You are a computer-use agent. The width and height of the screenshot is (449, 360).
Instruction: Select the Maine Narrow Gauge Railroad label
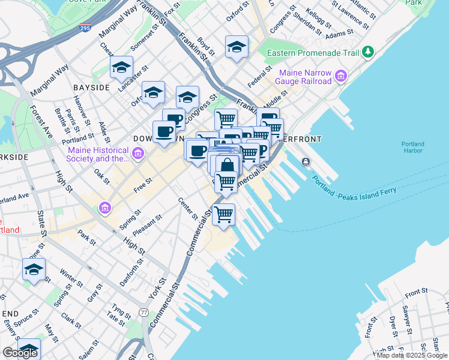(x=304, y=77)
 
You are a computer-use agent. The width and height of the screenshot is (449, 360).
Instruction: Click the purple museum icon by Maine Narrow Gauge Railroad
(x=341, y=76)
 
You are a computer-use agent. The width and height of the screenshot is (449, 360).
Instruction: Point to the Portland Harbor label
(x=414, y=147)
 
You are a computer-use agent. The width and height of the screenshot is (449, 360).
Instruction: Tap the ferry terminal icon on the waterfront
(x=306, y=161)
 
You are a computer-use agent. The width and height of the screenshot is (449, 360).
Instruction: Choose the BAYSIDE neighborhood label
(x=91, y=88)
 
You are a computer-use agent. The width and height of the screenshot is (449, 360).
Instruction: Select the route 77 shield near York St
(x=143, y=313)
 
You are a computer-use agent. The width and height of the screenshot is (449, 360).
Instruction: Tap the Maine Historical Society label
(x=98, y=154)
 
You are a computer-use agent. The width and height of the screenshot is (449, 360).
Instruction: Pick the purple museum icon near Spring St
(x=106, y=208)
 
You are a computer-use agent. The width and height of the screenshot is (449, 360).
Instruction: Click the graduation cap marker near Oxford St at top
(x=237, y=47)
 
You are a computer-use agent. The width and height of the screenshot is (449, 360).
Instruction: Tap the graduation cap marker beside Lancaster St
(x=121, y=67)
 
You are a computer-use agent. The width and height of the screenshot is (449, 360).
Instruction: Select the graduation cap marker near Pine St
(x=34, y=269)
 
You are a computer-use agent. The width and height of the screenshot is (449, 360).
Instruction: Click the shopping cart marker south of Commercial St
(x=224, y=214)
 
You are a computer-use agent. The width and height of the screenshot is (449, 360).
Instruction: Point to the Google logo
(x=20, y=353)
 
